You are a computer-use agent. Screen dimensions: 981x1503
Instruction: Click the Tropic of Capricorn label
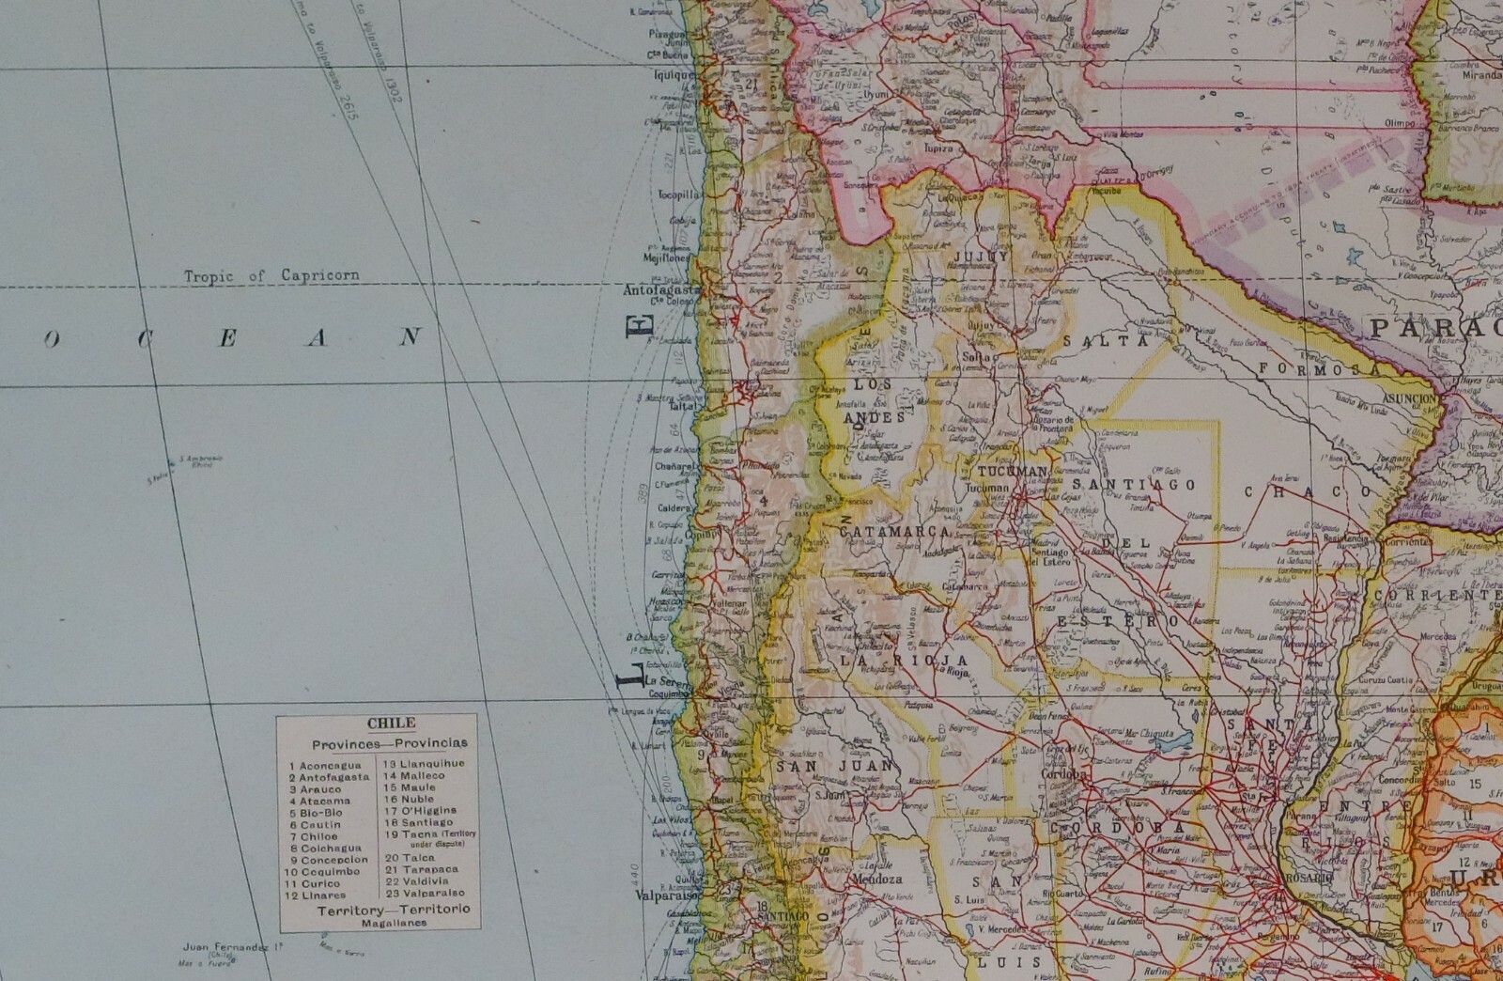click(x=271, y=275)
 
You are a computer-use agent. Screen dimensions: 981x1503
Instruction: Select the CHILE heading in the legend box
click(x=377, y=724)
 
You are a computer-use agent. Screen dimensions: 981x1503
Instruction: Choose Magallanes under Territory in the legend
click(x=394, y=924)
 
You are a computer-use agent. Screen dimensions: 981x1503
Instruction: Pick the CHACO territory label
click(x=1309, y=490)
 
